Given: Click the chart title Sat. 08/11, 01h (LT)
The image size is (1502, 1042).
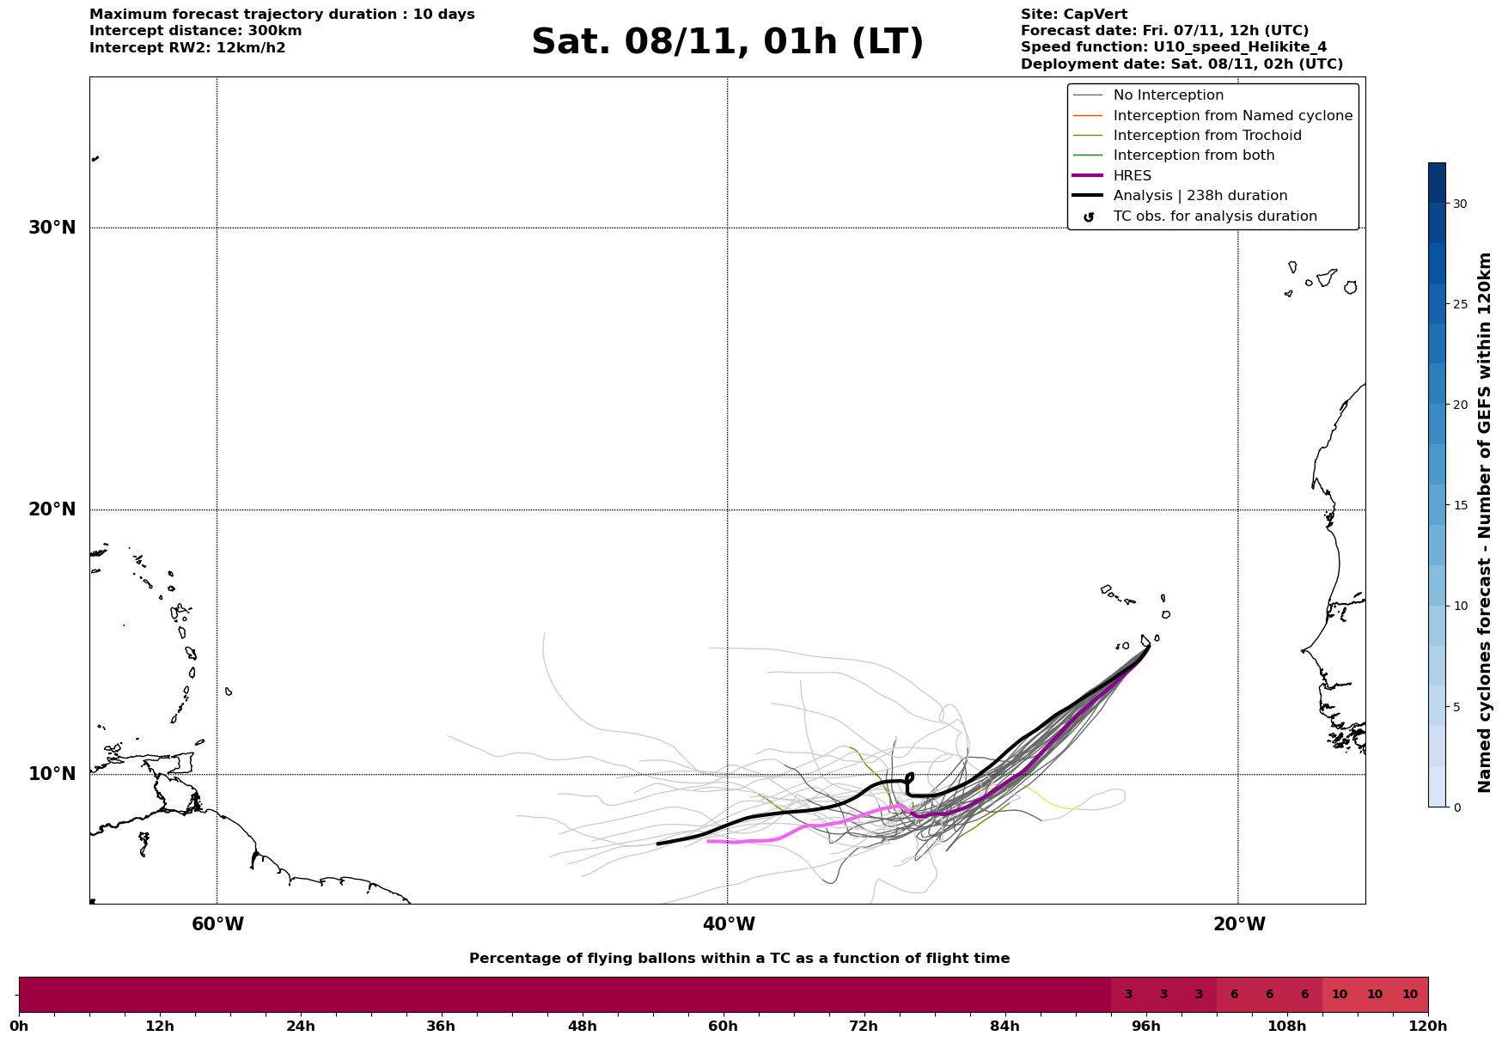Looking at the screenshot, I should pyautogui.click(x=727, y=42).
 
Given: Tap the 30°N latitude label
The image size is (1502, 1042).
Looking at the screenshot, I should pyautogui.click(x=52, y=228).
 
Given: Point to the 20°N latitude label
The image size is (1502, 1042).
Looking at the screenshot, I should pyautogui.click(x=52, y=509).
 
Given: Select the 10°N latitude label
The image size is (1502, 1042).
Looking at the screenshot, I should pyautogui.click(x=52, y=774).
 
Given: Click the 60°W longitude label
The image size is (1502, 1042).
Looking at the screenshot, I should pyautogui.click(x=217, y=924).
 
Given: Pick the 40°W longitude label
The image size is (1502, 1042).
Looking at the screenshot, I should pyautogui.click(x=729, y=924).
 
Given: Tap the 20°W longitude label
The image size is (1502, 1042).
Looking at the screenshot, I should pyautogui.click(x=1239, y=924).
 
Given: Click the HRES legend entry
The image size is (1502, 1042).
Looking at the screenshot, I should pyautogui.click(x=1132, y=176).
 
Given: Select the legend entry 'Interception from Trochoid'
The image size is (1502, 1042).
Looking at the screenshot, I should pyautogui.click(x=1206, y=136).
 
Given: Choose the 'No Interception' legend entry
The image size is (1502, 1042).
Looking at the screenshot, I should pyautogui.click(x=1168, y=95).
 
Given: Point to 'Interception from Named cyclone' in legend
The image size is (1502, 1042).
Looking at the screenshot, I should pyautogui.click(x=1232, y=116).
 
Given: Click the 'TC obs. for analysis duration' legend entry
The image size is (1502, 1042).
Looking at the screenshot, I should pyautogui.click(x=1214, y=216).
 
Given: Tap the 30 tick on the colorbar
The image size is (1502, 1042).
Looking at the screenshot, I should pyautogui.click(x=1460, y=204).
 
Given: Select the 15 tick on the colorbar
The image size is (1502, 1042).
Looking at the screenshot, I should pyautogui.click(x=1460, y=505).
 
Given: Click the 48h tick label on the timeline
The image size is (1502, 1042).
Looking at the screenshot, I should pyautogui.click(x=582, y=1026).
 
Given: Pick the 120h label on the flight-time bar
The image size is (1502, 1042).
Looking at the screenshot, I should pyautogui.click(x=1428, y=1026).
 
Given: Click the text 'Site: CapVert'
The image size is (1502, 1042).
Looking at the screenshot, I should pyautogui.click(x=1073, y=15).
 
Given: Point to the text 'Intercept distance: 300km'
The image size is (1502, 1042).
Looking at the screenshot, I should pyautogui.click(x=195, y=31).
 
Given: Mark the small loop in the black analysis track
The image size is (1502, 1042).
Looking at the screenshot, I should pyautogui.click(x=910, y=777).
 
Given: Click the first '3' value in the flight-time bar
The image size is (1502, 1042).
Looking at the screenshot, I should pyautogui.click(x=1128, y=995).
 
